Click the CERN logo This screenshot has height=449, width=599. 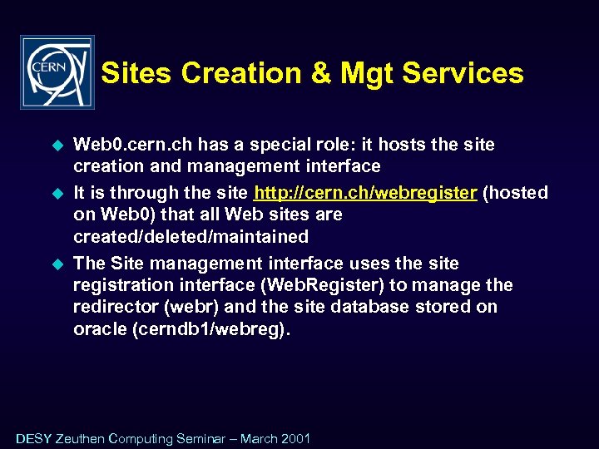click(57, 72)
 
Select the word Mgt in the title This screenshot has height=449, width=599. click(365, 73)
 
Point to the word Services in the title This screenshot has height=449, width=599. click(465, 73)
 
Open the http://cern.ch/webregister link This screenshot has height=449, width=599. click(365, 193)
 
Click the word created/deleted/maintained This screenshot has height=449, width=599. click(191, 236)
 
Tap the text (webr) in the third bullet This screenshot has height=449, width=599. click(191, 307)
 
